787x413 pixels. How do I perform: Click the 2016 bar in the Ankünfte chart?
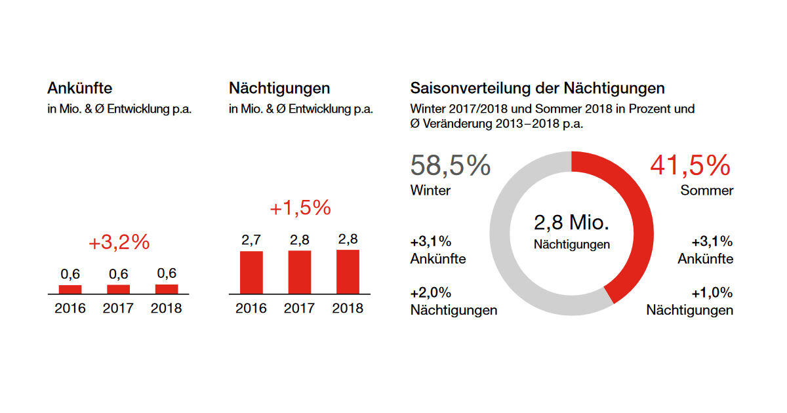tap(70, 289)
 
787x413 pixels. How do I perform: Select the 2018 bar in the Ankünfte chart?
tap(167, 289)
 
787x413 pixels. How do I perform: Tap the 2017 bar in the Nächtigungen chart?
tap(299, 271)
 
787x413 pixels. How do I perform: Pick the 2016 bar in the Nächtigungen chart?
tap(251, 272)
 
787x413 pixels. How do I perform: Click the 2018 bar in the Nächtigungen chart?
tap(348, 271)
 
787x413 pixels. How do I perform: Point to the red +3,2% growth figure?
tap(119, 243)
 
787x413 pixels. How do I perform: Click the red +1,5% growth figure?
tap(300, 208)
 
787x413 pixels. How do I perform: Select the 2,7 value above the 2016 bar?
tap(251, 240)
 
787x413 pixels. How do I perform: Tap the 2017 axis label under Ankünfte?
tap(118, 308)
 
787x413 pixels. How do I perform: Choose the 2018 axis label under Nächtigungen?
tap(348, 308)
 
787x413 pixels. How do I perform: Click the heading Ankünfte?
tap(79, 88)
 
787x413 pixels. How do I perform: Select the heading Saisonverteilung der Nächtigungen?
tap(537, 88)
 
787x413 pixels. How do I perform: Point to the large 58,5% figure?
tap(450, 166)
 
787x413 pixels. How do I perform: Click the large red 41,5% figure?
tap(690, 166)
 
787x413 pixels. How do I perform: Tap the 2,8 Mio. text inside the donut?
tap(572, 223)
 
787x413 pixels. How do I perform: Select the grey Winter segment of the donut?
tap(508, 249)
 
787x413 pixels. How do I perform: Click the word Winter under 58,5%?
tap(430, 191)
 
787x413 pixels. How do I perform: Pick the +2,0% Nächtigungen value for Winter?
tap(430, 292)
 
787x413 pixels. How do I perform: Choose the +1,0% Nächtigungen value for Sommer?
tap(712, 292)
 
